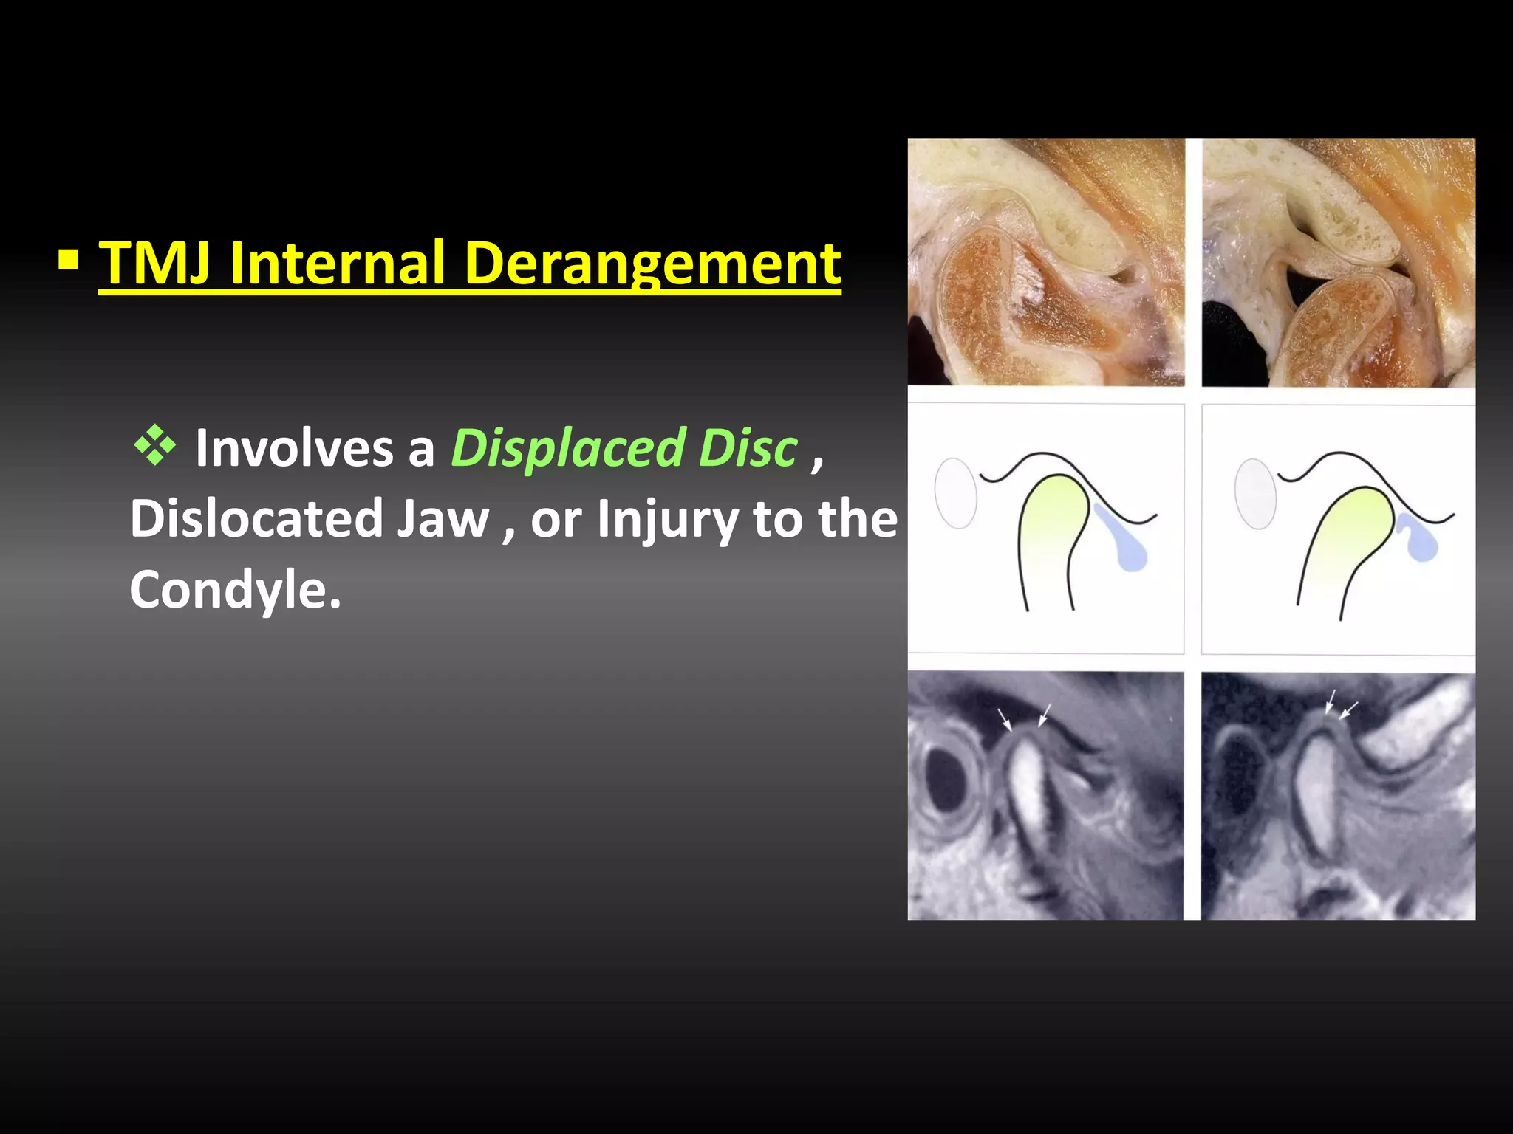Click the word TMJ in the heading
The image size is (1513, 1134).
[155, 264]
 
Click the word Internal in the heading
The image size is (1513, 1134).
[337, 264]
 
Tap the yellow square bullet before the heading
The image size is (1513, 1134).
[69, 260]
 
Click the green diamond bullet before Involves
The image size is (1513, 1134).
[155, 445]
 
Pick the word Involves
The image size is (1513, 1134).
[294, 448]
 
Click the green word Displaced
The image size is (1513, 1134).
[568, 448]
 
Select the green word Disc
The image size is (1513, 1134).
[748, 448]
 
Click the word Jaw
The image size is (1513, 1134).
[443, 518]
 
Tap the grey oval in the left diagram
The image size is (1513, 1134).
[955, 492]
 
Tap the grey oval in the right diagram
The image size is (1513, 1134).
[1255, 492]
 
